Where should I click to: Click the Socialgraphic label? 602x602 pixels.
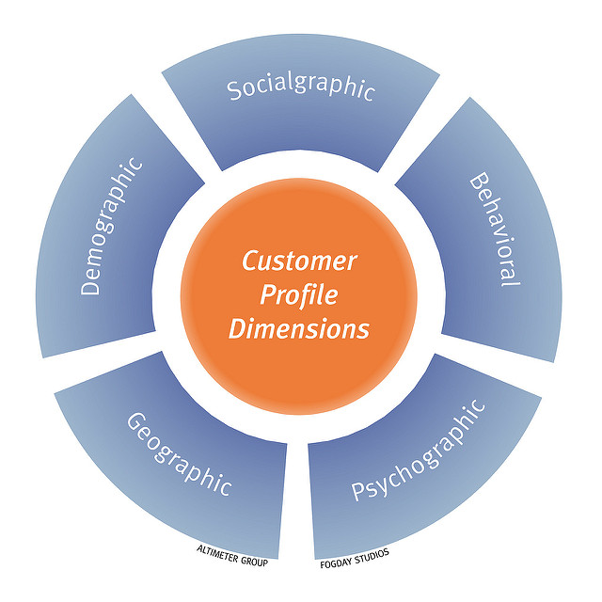point(301,89)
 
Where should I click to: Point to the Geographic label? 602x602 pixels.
point(179,454)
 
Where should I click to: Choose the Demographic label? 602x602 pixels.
point(112,227)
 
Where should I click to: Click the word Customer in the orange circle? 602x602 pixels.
point(299,261)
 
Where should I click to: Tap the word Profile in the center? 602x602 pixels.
point(299,295)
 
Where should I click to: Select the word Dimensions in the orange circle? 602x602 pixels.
point(299,330)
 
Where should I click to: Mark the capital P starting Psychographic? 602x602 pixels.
point(358,491)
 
